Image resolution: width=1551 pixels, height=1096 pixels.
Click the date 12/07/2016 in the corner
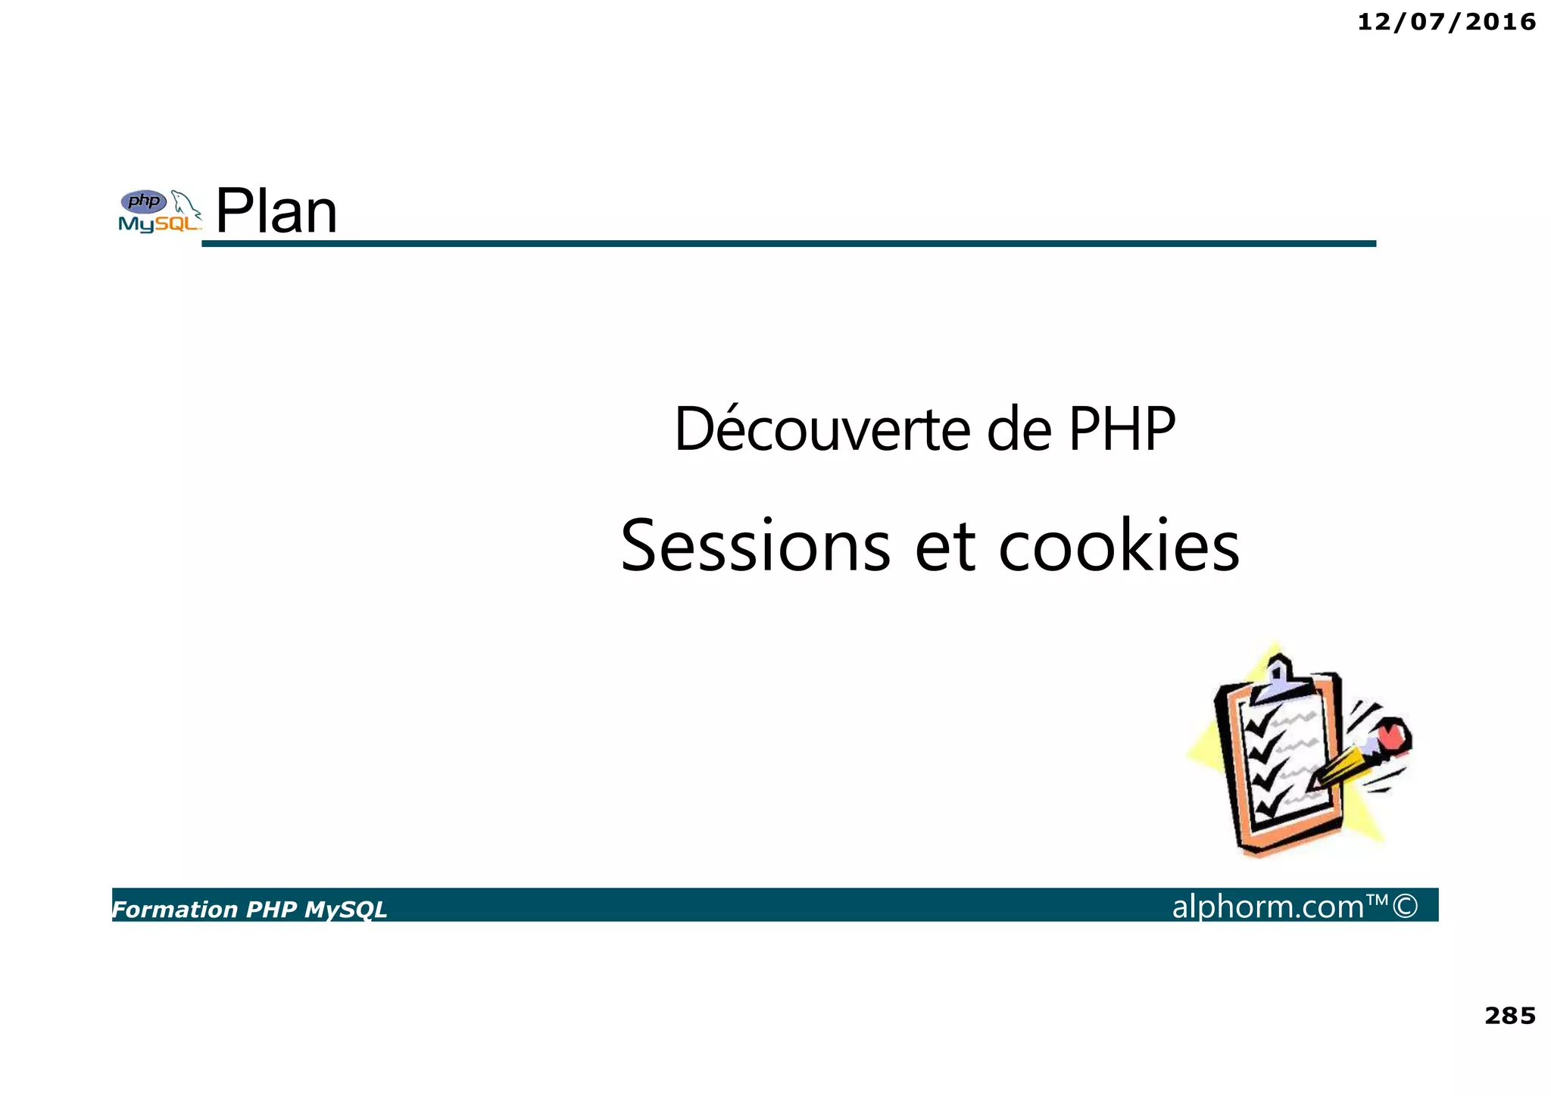tap(1446, 23)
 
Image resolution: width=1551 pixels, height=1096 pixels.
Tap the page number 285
tap(1509, 1016)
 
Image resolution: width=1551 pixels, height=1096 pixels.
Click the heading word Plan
tap(276, 211)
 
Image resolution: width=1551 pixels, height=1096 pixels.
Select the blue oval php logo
tap(144, 201)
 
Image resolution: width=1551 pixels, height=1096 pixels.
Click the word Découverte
tap(822, 429)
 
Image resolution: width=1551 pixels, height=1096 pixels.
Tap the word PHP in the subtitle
tap(1121, 429)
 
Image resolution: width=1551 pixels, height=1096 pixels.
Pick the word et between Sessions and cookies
tap(944, 547)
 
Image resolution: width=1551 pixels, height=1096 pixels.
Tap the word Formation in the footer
tap(175, 910)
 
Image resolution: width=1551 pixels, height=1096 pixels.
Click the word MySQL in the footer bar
tap(345, 910)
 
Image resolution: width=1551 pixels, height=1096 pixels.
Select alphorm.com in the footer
tap(1268, 906)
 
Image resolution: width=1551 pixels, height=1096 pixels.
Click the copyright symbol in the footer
tap(1405, 906)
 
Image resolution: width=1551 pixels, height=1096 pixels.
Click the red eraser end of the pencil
tap(1390, 735)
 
